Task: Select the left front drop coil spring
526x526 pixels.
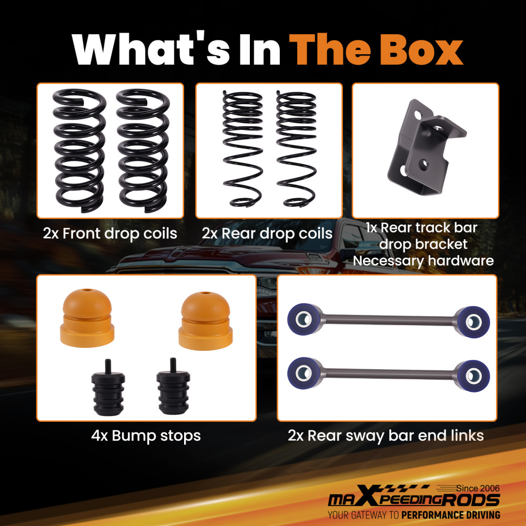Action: click(79, 150)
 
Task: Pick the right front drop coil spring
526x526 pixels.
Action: click(143, 150)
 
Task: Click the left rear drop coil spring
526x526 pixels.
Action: click(242, 149)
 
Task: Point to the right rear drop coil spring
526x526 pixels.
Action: click(296, 149)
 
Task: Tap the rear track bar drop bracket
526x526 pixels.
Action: click(426, 148)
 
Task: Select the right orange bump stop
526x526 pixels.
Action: click(205, 321)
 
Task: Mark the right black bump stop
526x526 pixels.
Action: click(173, 389)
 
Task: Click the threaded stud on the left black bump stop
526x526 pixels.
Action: click(108, 366)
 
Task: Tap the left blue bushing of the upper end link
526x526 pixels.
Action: click(304, 319)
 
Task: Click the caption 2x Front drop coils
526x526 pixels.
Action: click(110, 234)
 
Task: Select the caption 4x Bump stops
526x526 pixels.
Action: click(146, 436)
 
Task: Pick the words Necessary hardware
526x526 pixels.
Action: click(423, 261)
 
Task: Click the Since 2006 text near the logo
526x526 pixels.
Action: click(478, 489)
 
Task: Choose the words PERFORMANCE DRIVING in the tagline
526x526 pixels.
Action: click(451, 515)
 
